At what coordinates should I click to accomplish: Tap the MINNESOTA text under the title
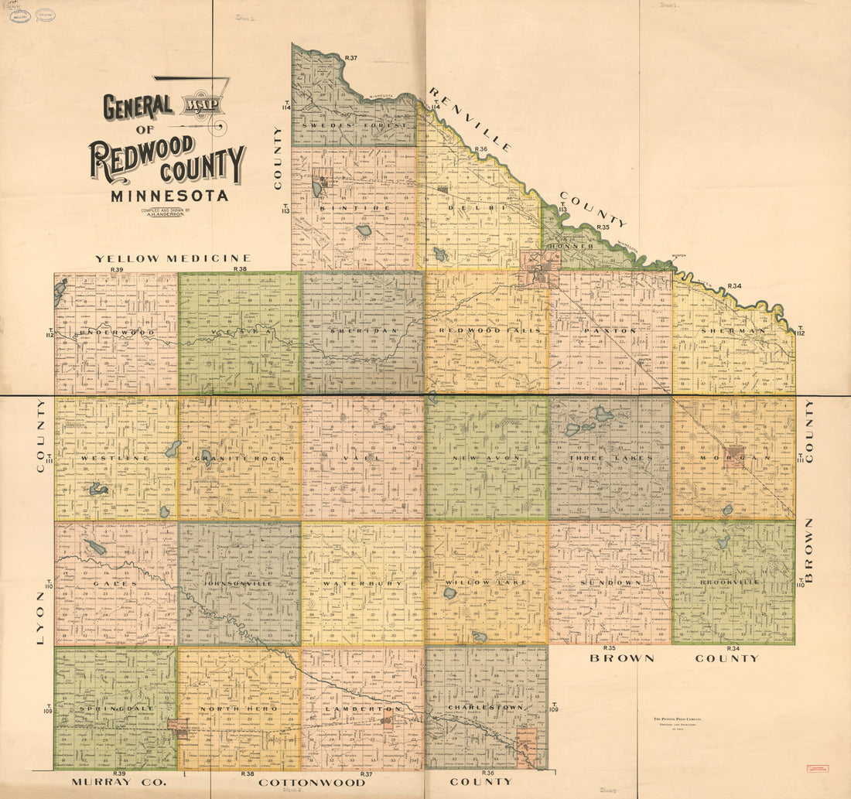(x=169, y=196)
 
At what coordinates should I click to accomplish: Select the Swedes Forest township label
(x=354, y=125)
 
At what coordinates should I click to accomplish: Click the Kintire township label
(x=354, y=208)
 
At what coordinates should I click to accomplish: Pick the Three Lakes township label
(x=610, y=457)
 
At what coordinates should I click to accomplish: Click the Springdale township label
(x=115, y=708)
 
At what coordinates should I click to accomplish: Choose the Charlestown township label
(x=486, y=707)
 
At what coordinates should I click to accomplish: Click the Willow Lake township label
(x=486, y=582)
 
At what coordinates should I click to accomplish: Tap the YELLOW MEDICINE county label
(x=173, y=258)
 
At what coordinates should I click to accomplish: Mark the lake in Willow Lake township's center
(x=450, y=593)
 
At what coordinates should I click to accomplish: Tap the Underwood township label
(x=116, y=332)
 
